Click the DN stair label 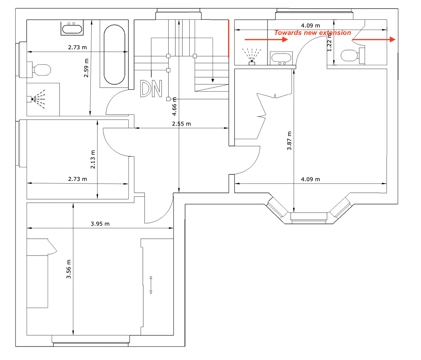pyautogui.click(x=151, y=88)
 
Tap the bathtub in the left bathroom pyautogui.click(x=114, y=55)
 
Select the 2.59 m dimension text pyautogui.click(x=86, y=68)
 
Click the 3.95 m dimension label pyautogui.click(x=100, y=224)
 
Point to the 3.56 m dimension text pyautogui.click(x=69, y=269)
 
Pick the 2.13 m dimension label pyautogui.click(x=93, y=159)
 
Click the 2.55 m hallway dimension pyautogui.click(x=181, y=124)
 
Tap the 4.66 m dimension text pyautogui.click(x=174, y=106)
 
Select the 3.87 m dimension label pyautogui.click(x=289, y=141)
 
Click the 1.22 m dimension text pyautogui.click(x=329, y=42)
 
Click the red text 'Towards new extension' pyautogui.click(x=312, y=33)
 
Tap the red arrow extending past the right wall pyautogui.click(x=374, y=39)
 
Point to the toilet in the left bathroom pyautogui.click(x=39, y=70)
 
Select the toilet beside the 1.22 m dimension pyautogui.click(x=353, y=56)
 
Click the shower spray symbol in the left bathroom pyautogui.click(x=36, y=99)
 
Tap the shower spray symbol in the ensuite pyautogui.click(x=252, y=56)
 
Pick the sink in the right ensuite pyautogui.click(x=281, y=58)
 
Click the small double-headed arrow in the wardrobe pyautogui.click(x=151, y=285)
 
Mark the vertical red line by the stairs pyautogui.click(x=228, y=39)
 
